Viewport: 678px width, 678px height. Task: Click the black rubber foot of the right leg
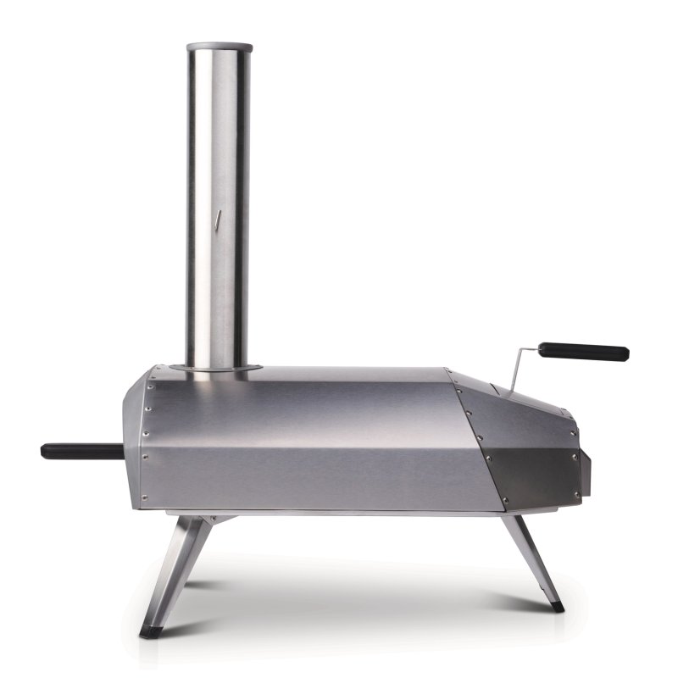point(556,607)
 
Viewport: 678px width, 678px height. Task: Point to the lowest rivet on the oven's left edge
point(144,497)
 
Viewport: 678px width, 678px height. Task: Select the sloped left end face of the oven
point(136,441)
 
